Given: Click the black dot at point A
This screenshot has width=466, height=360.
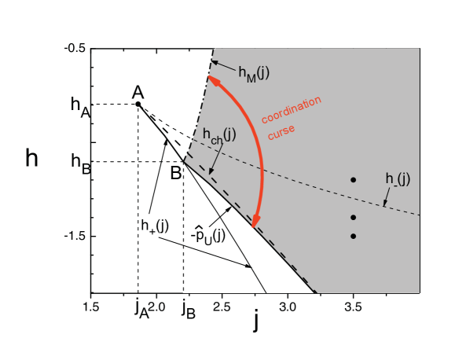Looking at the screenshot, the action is click(x=138, y=104).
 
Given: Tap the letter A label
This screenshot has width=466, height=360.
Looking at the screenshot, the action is click(x=138, y=90).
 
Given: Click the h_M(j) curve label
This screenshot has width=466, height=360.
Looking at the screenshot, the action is click(x=254, y=73).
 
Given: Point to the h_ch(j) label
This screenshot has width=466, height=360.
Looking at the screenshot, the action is click(x=218, y=135).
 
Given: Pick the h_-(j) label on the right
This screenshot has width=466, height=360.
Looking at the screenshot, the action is click(x=398, y=179).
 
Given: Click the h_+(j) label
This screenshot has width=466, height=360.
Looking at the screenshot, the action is click(x=155, y=226).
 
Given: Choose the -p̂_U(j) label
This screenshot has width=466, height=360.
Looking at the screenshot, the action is click(x=208, y=233).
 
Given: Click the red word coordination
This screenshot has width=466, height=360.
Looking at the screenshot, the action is click(x=292, y=110).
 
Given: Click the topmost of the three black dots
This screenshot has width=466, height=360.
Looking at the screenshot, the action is click(x=354, y=180).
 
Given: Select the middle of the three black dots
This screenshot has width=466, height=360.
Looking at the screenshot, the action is click(x=354, y=217).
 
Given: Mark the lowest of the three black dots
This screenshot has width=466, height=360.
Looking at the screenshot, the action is click(x=354, y=236).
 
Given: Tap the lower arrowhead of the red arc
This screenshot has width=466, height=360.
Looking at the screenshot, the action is click(x=254, y=223).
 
